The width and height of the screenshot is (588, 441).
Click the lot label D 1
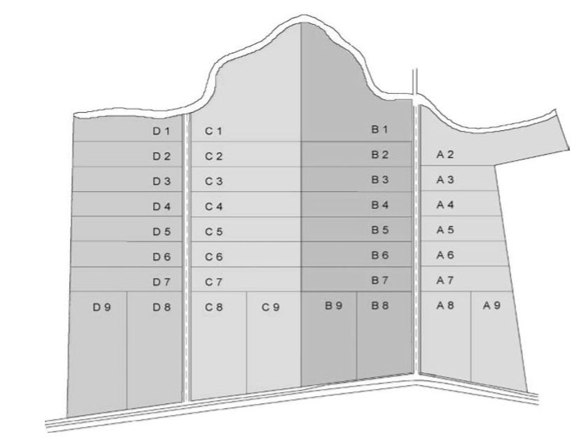[161, 131]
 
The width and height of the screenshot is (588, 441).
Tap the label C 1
[213, 131]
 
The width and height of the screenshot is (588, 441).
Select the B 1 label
[379, 129]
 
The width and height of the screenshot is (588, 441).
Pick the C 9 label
[271, 306]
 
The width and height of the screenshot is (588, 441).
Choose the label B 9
[332, 305]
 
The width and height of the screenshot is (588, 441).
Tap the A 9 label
[491, 305]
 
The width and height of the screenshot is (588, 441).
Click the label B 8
[379, 305]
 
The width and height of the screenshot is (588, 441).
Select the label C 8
[213, 306]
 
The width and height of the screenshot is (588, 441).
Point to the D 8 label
[161, 306]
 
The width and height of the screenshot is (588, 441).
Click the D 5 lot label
[161, 232]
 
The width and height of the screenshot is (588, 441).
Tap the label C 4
[213, 206]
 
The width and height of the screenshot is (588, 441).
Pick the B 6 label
[379, 255]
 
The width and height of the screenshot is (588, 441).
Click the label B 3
[379, 180]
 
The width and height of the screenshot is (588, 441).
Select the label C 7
[213, 282]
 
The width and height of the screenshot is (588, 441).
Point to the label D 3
[161, 181]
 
